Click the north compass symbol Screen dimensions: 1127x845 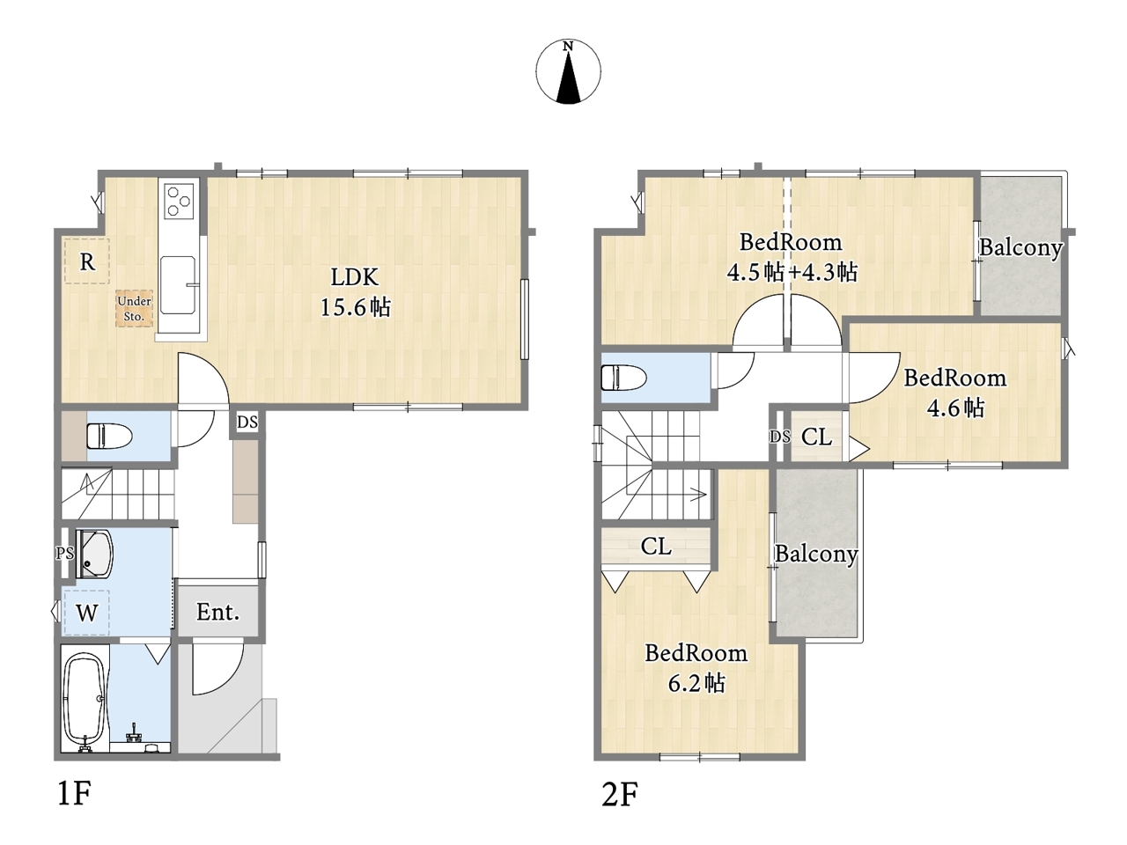click(x=568, y=72)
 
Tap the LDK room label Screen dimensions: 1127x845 click(x=354, y=277)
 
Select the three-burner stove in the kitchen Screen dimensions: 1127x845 click(x=180, y=201)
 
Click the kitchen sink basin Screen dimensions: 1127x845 click(x=178, y=285)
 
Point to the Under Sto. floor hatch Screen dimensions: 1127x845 click(x=134, y=309)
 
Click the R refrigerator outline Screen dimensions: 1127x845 click(x=87, y=261)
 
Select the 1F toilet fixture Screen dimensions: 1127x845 click(x=109, y=436)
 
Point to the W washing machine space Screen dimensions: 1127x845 click(x=86, y=613)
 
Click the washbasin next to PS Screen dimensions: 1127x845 click(x=94, y=555)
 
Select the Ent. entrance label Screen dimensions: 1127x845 click(x=217, y=612)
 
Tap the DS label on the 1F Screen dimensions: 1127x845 click(x=247, y=422)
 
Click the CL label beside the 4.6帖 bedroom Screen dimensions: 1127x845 click(x=816, y=437)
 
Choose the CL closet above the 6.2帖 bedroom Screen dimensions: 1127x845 click(x=656, y=547)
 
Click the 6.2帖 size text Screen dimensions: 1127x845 click(x=696, y=683)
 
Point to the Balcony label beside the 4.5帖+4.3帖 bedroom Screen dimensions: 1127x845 click(x=1020, y=248)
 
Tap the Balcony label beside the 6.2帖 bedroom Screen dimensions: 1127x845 click(x=816, y=555)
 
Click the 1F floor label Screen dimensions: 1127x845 click(x=75, y=794)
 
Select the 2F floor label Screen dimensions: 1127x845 click(x=620, y=794)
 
